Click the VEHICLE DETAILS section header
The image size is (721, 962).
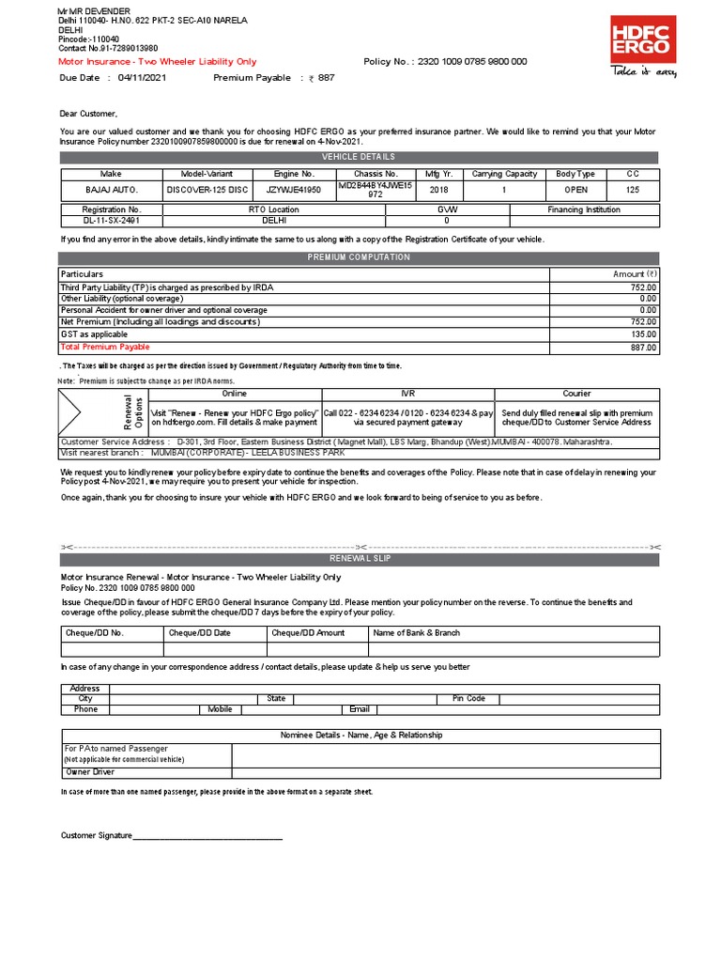tap(360, 157)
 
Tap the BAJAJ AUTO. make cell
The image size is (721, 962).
tap(112, 189)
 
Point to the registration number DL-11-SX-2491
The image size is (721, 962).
tap(112, 221)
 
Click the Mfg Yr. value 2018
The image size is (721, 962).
tap(438, 189)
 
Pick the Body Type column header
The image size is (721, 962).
tap(575, 174)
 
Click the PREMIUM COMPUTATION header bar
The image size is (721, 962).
tap(360, 257)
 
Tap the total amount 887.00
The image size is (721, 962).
tap(643, 348)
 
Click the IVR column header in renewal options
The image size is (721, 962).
tap(407, 394)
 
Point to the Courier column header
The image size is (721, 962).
tap(576, 394)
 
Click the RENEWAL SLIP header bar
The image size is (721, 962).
tap(360, 558)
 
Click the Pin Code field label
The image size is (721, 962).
tap(468, 699)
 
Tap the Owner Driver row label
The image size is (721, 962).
tap(90, 772)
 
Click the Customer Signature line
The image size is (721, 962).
tap(207, 835)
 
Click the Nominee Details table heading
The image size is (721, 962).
tap(361, 735)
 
